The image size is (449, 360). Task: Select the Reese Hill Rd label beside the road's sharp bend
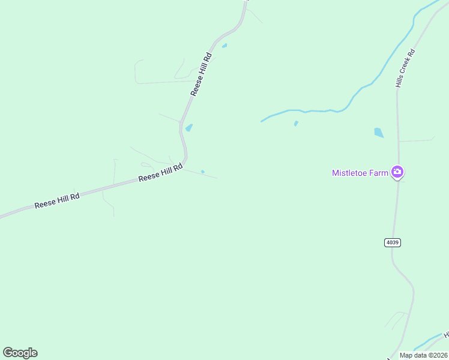click(160, 174)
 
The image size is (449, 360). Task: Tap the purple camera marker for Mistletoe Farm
click(397, 172)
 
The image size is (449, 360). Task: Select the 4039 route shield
click(393, 242)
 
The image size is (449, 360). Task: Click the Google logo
click(20, 353)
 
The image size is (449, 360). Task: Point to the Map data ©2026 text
click(423, 355)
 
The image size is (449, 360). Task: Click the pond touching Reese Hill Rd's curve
click(189, 128)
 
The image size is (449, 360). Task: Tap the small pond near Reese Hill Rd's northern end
click(224, 46)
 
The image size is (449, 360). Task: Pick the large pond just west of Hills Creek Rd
click(379, 133)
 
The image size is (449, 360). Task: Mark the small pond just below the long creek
click(296, 124)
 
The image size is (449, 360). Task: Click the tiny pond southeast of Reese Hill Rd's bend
click(203, 172)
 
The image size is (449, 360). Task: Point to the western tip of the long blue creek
click(262, 121)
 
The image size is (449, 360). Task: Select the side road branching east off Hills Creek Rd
click(417, 140)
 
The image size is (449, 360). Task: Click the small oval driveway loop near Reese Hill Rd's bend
click(146, 164)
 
